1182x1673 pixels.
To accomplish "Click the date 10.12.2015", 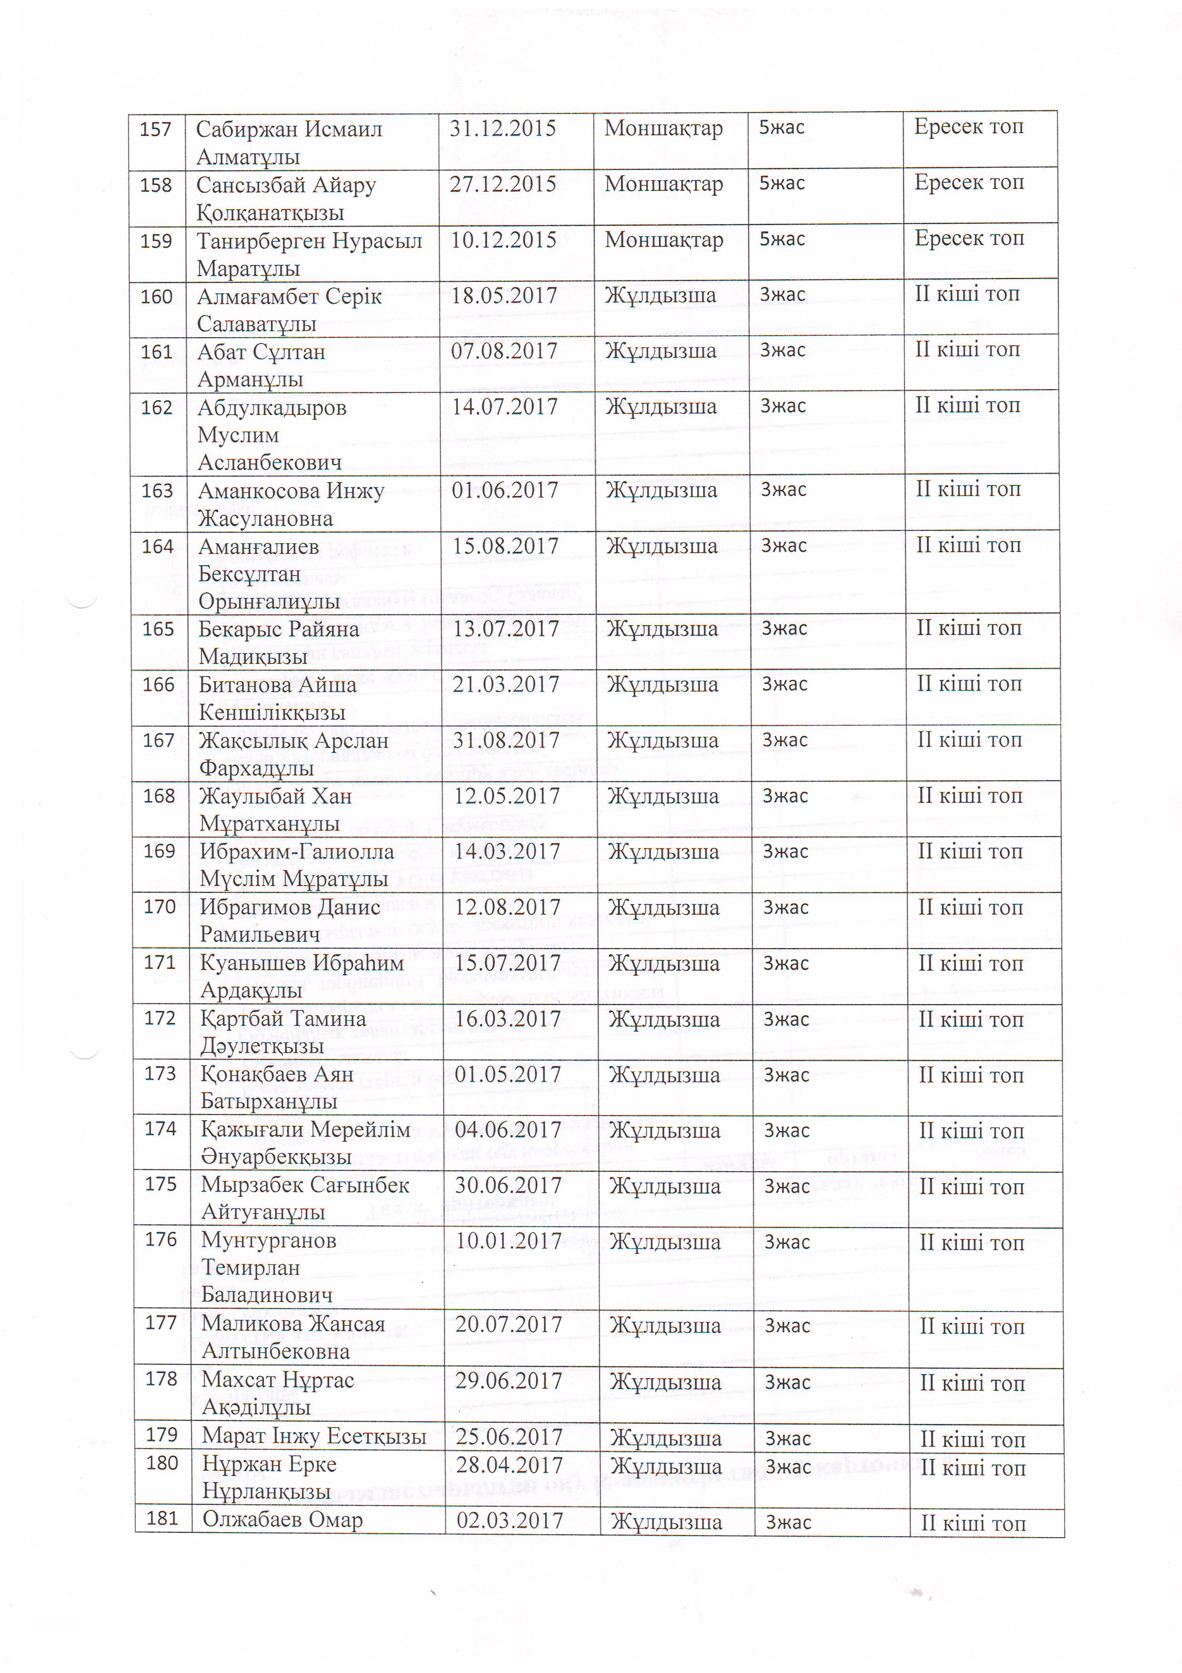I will point(503,240).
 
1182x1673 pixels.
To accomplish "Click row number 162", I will point(157,407).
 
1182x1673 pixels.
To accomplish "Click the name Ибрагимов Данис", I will point(290,907).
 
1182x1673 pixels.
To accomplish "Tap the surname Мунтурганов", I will point(269,1239).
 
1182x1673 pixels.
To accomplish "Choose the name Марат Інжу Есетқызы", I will point(314,1435).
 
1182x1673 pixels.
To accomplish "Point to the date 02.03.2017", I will point(510,1521).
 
